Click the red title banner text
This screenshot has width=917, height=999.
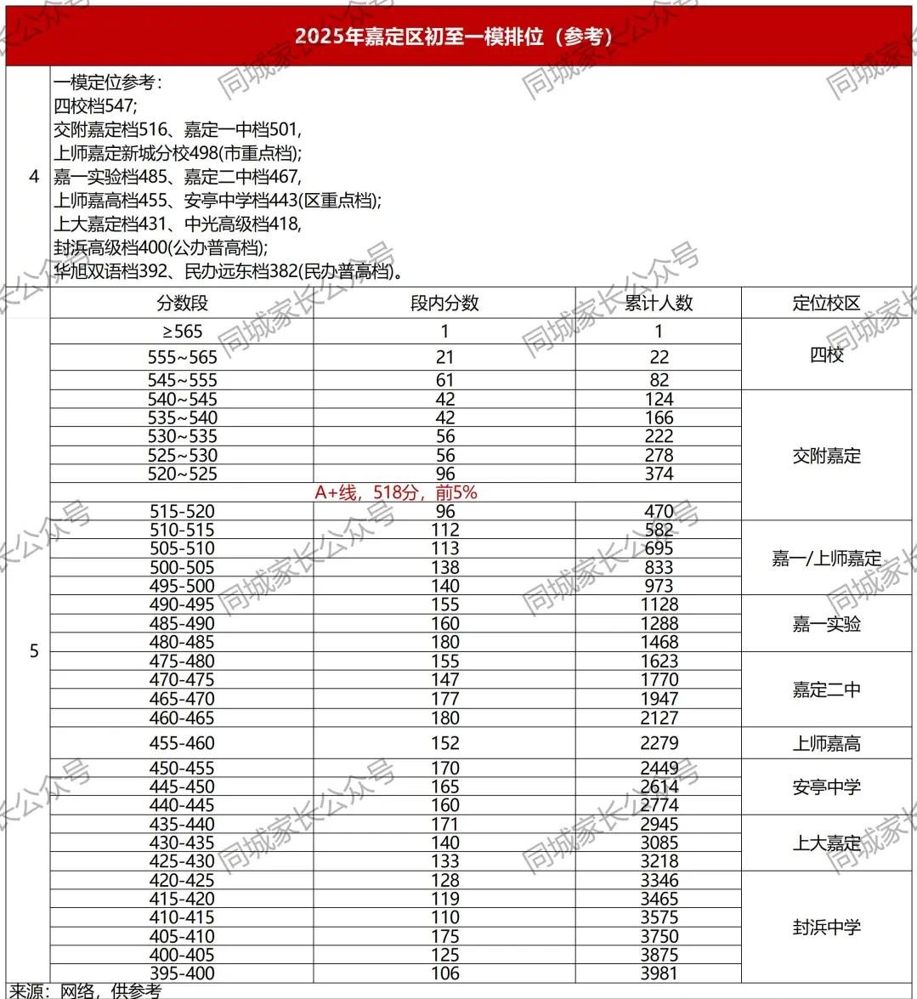[454, 36]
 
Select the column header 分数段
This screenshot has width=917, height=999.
[182, 304]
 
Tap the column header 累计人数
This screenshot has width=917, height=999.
[659, 304]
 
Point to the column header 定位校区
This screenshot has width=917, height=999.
[826, 304]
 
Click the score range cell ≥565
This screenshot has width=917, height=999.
[182, 332]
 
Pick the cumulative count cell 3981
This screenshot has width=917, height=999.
[659, 973]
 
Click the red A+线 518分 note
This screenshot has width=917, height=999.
[396, 492]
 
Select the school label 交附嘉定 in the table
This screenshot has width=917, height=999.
[826, 456]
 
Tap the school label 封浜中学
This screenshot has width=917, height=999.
[826, 927]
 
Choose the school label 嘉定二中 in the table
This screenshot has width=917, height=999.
[826, 690]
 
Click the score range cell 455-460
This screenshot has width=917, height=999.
[182, 743]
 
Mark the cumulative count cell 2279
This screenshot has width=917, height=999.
[659, 743]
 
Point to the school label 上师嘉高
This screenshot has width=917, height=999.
[826, 743]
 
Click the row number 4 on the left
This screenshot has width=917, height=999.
[34, 177]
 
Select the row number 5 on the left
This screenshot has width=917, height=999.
[34, 651]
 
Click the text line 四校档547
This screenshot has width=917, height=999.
[94, 106]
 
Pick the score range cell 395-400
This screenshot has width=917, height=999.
[182, 973]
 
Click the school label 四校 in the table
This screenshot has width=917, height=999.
[826, 355]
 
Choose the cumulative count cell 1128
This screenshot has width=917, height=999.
[659, 605]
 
